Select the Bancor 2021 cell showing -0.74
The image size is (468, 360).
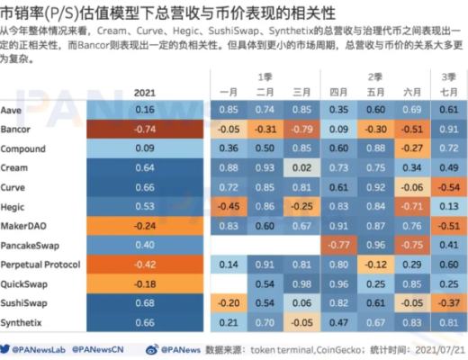[x=143, y=128]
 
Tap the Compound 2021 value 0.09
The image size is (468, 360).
[x=143, y=148]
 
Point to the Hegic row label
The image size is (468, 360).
[x=15, y=207]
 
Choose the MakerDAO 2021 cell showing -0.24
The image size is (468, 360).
[x=143, y=226]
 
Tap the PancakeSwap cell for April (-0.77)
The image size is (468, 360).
[x=338, y=246]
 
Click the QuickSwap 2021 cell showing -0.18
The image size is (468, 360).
[x=143, y=285]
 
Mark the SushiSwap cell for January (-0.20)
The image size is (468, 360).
[x=228, y=304]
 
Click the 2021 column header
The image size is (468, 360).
[x=143, y=92]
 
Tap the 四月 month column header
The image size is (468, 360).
[x=338, y=92]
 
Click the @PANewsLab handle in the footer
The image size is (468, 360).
[x=40, y=347]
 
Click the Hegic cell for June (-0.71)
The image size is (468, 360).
[x=412, y=207]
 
